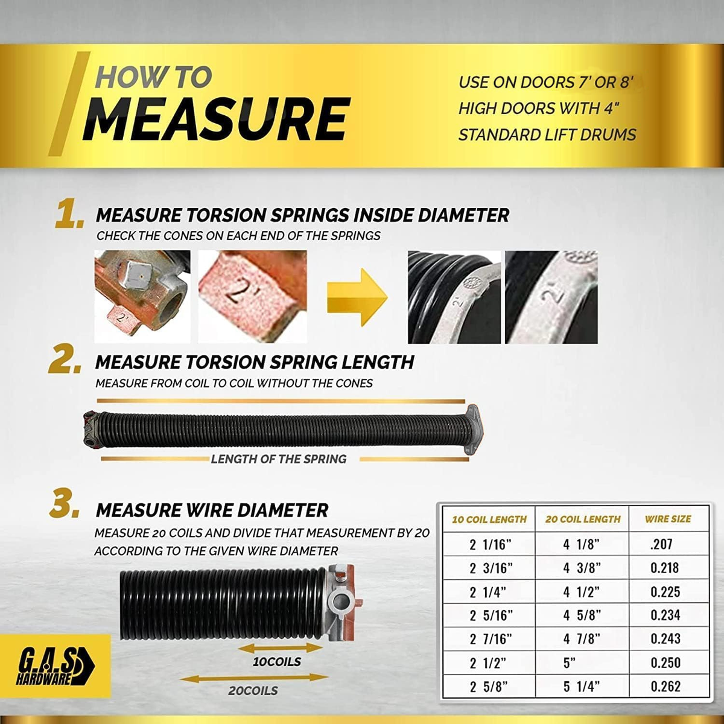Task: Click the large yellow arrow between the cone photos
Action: tap(357, 297)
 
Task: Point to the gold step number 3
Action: tap(65, 506)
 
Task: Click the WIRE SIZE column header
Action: tap(667, 519)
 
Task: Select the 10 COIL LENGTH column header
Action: tap(489, 519)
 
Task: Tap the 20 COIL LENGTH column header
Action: tap(582, 519)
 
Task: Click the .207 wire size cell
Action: tap(661, 544)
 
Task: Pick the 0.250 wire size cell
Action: tap(665, 662)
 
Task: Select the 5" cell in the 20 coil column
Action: tap(570, 662)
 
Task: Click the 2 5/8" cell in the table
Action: tap(489, 687)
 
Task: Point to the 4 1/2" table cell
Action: tap(581, 592)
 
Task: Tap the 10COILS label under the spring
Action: tap(277, 662)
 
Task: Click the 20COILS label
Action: tap(253, 691)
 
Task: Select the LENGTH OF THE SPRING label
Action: tap(279, 459)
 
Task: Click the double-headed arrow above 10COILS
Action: tap(281, 648)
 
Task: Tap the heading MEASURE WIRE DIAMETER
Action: tap(212, 510)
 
